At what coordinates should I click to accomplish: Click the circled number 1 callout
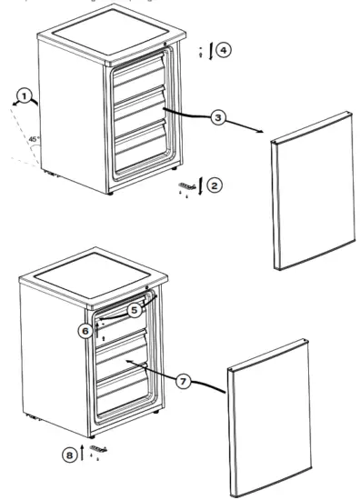tap(26, 95)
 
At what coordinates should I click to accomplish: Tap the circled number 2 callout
tap(215, 185)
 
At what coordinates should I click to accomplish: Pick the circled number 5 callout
tap(134, 310)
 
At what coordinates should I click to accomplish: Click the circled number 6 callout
tap(85, 332)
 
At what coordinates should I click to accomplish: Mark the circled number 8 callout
tap(68, 454)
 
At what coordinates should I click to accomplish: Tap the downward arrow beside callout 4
tap(210, 50)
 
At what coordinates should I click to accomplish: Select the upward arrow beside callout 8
tap(82, 453)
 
